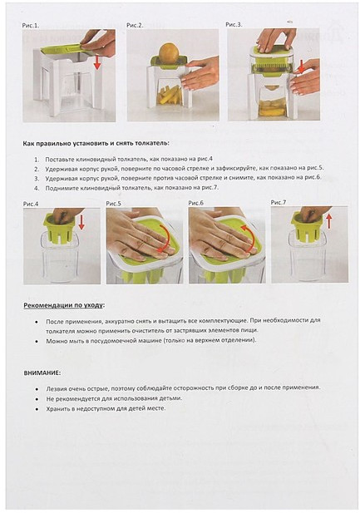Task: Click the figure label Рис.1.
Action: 31,25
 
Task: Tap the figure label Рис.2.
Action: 135,25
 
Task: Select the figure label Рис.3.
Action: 234,25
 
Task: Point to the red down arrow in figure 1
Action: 97,62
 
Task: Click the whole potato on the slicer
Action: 169,52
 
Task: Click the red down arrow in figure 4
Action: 81,223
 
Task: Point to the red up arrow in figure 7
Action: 329,221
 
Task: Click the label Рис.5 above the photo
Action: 113,204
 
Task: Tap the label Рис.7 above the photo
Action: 279,203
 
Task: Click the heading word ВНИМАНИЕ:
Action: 42,373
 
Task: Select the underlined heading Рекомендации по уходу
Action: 63,305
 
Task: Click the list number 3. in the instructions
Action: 37,178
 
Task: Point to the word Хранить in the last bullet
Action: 57,408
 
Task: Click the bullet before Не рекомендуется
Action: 37,399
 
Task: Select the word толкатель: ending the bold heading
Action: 155,143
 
